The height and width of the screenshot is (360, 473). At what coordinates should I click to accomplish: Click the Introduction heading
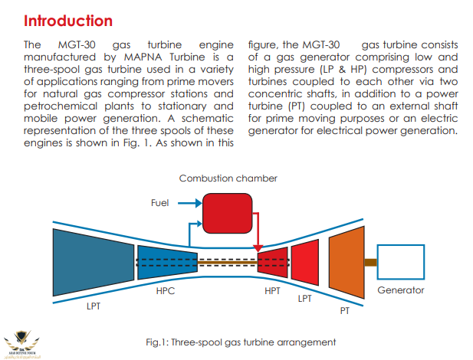(68, 21)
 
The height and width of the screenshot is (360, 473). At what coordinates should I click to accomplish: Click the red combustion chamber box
(227, 213)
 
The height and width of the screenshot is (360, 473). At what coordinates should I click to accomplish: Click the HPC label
(166, 291)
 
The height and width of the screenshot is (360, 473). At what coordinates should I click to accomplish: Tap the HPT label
(273, 291)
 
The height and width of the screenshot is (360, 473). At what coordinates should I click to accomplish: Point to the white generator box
(401, 263)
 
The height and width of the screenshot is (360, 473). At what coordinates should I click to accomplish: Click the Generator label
(401, 290)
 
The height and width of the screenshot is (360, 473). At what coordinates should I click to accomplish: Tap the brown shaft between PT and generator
(370, 263)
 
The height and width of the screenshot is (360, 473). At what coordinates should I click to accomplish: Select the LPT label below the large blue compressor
(94, 306)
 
